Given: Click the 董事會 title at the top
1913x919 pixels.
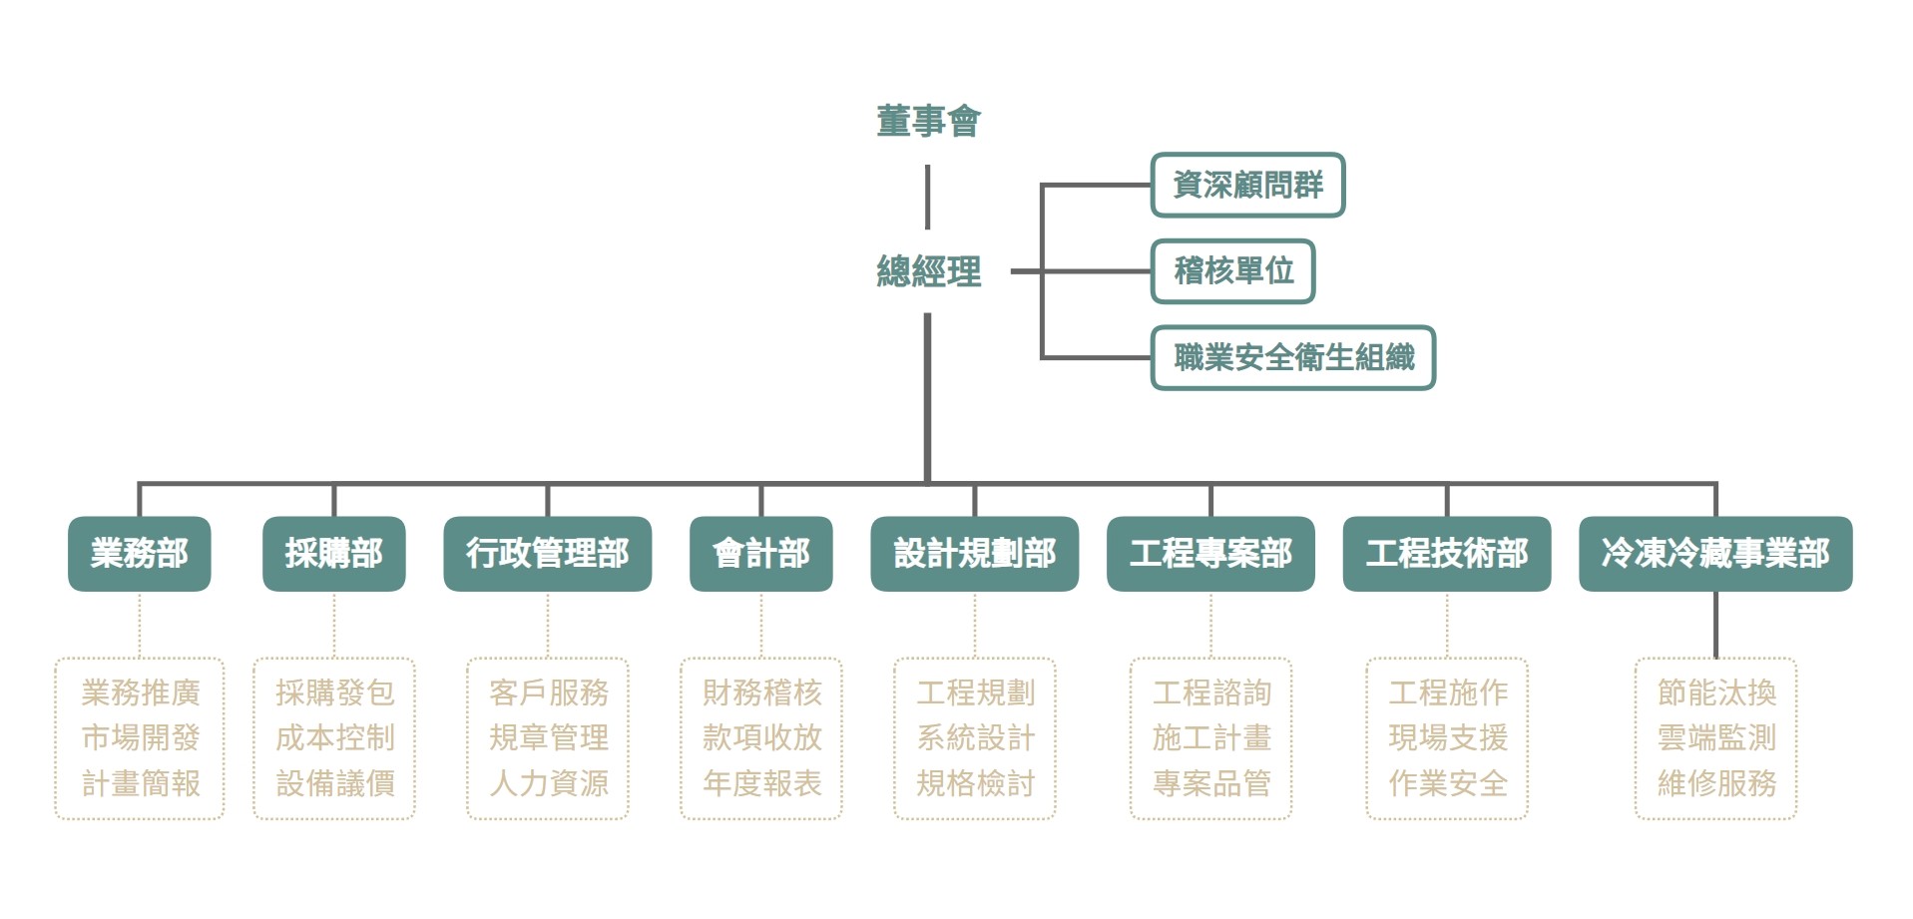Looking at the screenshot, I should (x=928, y=122).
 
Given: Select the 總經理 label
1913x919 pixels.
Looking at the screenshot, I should (x=928, y=271).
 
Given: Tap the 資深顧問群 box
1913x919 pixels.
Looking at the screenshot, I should (x=1247, y=185).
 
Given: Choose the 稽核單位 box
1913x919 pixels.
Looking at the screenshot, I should (x=1233, y=271).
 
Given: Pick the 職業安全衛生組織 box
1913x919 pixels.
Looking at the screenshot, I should (x=1293, y=357).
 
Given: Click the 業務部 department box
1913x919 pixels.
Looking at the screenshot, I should (x=140, y=554).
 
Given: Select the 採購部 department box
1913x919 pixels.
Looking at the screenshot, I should (x=333, y=554).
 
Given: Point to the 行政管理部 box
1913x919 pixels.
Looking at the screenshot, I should (x=547, y=554).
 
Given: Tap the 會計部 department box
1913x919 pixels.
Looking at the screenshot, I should (x=760, y=554).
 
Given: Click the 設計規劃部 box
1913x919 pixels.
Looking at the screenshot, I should (x=974, y=554).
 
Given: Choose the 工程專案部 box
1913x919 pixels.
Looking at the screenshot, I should (x=1210, y=554).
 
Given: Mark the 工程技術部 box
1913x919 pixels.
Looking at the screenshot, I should (x=1447, y=554).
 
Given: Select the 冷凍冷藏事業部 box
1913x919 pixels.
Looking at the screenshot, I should (x=1715, y=554).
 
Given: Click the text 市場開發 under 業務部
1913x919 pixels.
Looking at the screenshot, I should (x=141, y=738).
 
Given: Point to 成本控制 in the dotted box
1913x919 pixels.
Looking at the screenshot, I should (x=335, y=738).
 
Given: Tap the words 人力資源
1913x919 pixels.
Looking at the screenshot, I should (x=549, y=784).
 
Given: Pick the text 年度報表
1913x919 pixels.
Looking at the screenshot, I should (x=762, y=784).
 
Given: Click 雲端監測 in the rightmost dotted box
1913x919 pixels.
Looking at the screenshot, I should (x=1716, y=738).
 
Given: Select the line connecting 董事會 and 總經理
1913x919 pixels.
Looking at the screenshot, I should (x=928, y=198).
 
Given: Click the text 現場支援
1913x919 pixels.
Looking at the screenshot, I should (x=1448, y=738).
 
